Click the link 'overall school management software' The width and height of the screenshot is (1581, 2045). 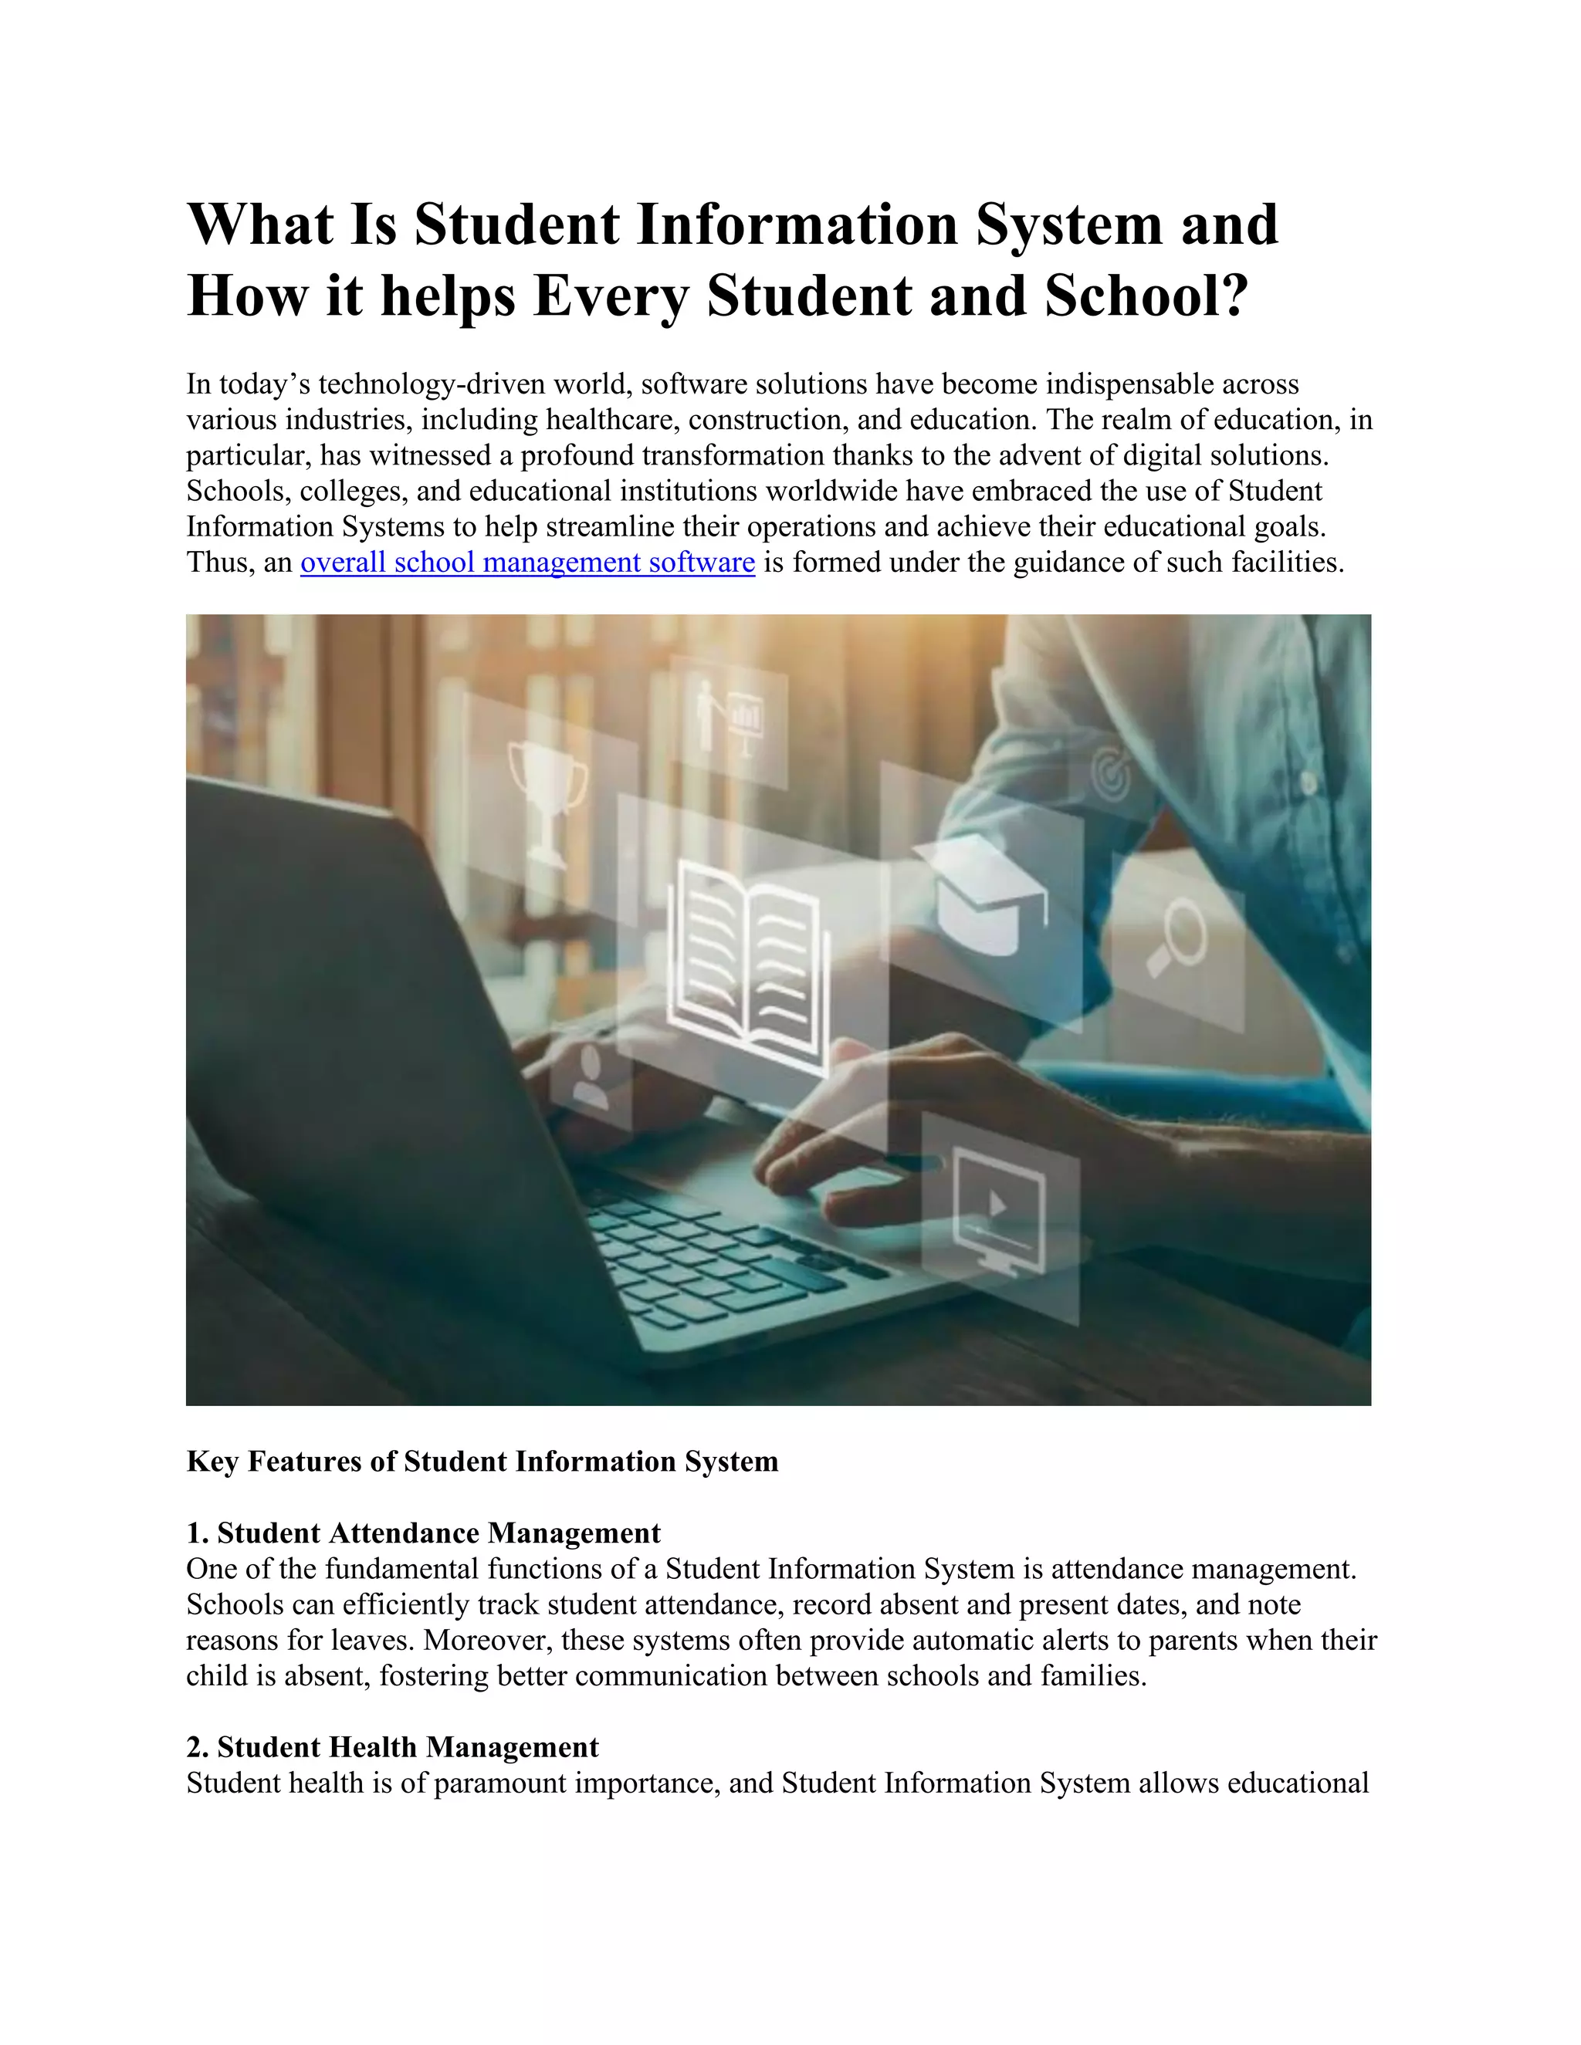click(x=527, y=563)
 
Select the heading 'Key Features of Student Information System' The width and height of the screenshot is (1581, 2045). click(x=482, y=1462)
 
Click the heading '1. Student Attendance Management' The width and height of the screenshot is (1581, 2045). click(x=423, y=1533)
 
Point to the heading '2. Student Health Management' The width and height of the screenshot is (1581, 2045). click(x=392, y=1747)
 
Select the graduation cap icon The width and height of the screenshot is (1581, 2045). click(x=979, y=894)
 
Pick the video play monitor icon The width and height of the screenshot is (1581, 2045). click(x=998, y=1212)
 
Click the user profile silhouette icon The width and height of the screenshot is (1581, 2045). click(x=589, y=1077)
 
